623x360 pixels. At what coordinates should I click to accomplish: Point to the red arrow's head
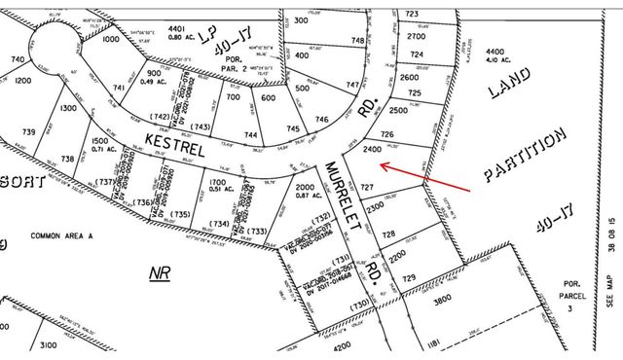tap(381, 166)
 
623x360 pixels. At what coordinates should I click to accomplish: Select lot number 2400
tap(370, 150)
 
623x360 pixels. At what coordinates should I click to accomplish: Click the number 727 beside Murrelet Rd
tap(367, 185)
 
